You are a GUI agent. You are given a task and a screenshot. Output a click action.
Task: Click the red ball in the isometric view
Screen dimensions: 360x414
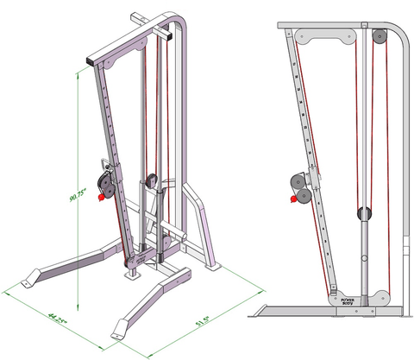101,198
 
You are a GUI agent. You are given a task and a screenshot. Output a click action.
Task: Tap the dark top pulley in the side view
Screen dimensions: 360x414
378,36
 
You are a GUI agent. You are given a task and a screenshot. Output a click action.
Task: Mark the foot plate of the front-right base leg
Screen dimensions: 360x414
121,329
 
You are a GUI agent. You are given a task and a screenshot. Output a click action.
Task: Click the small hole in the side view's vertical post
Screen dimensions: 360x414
363,259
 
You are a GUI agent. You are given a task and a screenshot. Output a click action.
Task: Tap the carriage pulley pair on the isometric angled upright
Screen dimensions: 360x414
105,182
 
